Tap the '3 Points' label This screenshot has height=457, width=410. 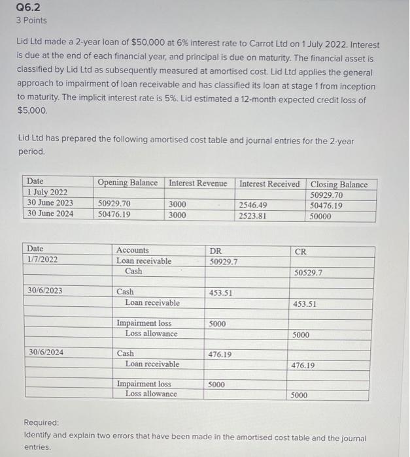pyautogui.click(x=31, y=20)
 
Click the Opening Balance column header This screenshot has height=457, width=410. pyautogui.click(x=128, y=183)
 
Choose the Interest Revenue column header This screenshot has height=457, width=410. pyautogui.click(x=198, y=183)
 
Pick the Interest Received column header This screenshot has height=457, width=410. pyautogui.click(x=269, y=183)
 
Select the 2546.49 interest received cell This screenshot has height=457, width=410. pyautogui.click(x=254, y=204)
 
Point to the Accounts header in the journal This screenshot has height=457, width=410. pyautogui.click(x=132, y=250)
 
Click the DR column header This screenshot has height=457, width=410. pyautogui.click(x=215, y=250)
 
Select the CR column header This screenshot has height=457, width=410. pyautogui.click(x=300, y=251)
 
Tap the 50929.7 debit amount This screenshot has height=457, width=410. pyautogui.click(x=224, y=261)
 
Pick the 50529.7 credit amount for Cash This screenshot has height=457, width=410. pyautogui.click(x=308, y=272)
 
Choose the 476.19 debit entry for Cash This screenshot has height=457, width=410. pyautogui.click(x=220, y=355)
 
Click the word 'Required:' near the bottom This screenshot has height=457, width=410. pyautogui.click(x=41, y=423)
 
